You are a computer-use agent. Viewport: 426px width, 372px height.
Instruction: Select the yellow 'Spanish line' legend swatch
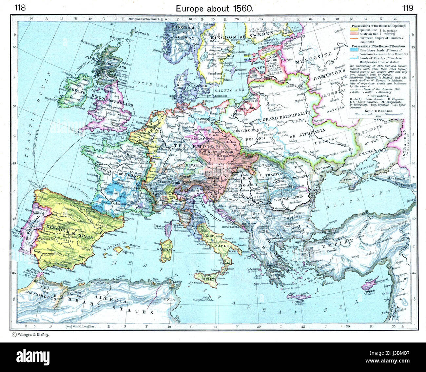353,29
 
